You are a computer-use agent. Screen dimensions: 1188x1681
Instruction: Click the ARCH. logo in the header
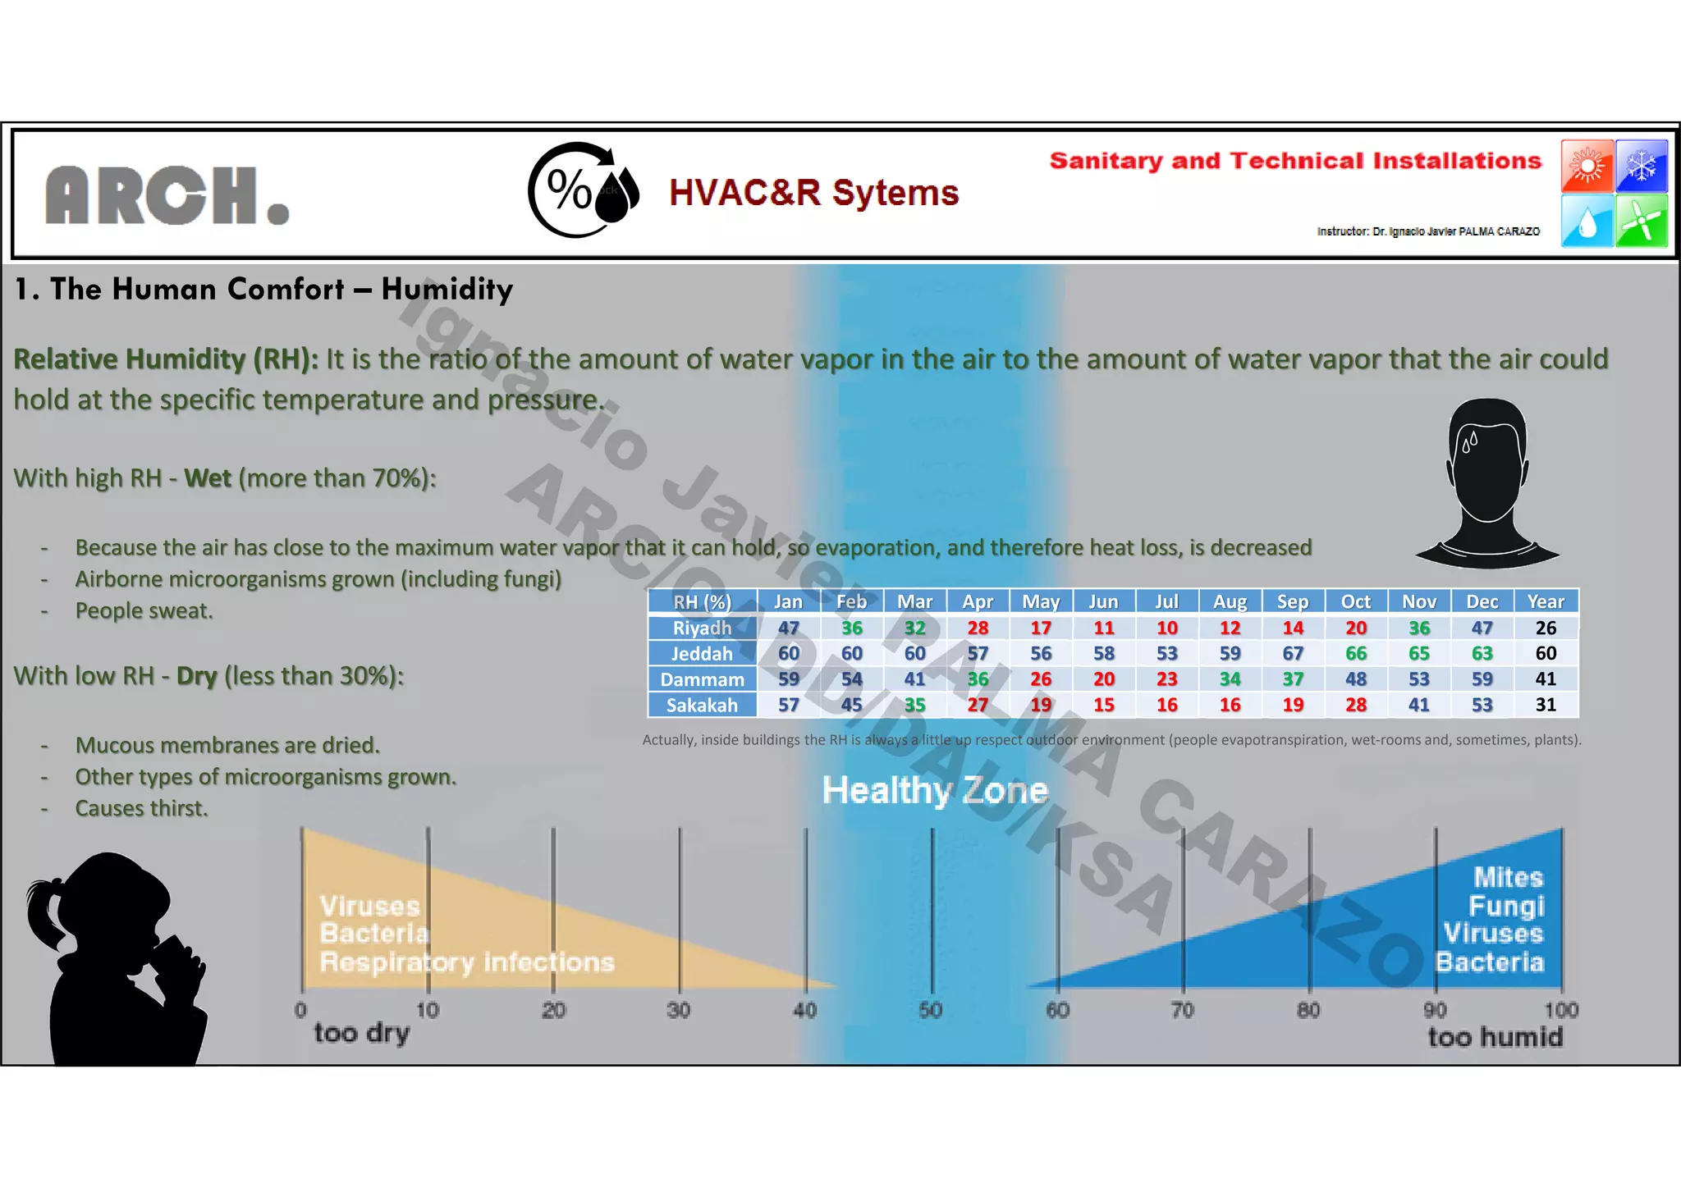pos(167,195)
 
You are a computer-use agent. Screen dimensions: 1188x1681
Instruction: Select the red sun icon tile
pos(1587,166)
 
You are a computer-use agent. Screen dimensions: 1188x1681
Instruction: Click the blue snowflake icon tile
pos(1642,166)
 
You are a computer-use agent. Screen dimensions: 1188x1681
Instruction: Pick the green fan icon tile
pos(1642,221)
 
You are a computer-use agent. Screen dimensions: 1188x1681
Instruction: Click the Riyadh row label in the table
pos(702,628)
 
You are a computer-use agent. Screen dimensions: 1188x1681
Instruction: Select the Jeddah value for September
pos(1293,653)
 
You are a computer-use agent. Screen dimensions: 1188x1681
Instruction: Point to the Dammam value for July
pos(1166,679)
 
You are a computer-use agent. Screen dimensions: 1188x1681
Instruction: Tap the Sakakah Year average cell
pos(1546,705)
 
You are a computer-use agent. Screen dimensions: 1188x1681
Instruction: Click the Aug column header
pos(1230,601)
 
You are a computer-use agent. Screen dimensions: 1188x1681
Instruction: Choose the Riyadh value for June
pos(1103,628)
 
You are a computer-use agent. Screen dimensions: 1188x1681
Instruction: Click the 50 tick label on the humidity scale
pos(931,1009)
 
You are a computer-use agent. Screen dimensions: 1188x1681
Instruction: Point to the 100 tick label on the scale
pos(1560,1009)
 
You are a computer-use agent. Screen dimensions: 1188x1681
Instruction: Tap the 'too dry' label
pos(361,1033)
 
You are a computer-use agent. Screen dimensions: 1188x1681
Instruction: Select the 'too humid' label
pos(1495,1037)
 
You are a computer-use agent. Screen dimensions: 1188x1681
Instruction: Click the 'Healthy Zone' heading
pos(935,790)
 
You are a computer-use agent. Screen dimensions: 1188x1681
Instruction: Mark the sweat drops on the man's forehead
pos(1469,443)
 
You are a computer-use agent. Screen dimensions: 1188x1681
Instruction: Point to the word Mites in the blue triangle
pos(1508,877)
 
